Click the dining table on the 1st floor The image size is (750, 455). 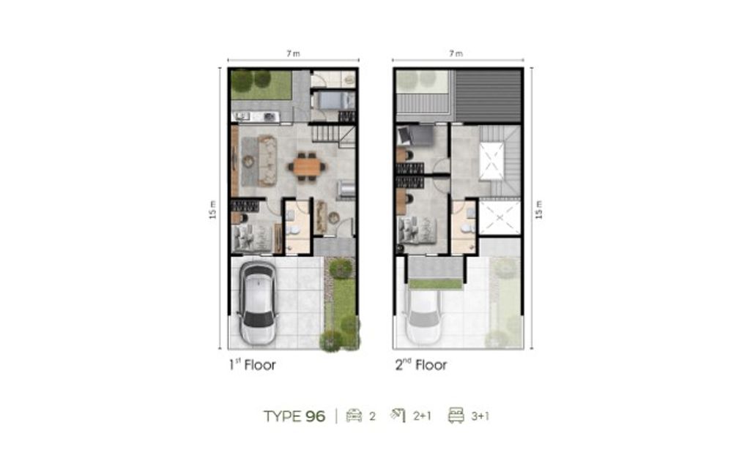[x=307, y=166]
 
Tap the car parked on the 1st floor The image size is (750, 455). [x=258, y=303]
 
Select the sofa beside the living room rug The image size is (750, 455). [x=267, y=161]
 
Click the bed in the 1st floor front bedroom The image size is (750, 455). [x=252, y=237]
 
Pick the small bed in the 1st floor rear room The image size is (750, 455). [x=333, y=100]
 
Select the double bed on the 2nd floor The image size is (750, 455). [x=417, y=230]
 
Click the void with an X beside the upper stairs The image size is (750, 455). [x=491, y=161]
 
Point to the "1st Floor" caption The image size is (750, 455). [x=252, y=365]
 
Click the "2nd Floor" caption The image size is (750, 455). [x=421, y=365]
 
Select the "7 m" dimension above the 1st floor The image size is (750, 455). [x=293, y=53]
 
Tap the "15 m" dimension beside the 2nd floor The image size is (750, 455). [x=539, y=210]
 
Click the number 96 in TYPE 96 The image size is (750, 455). [x=316, y=416]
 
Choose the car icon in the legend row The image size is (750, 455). [x=354, y=415]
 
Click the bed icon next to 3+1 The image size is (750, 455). [x=456, y=415]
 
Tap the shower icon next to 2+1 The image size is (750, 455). [x=398, y=415]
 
